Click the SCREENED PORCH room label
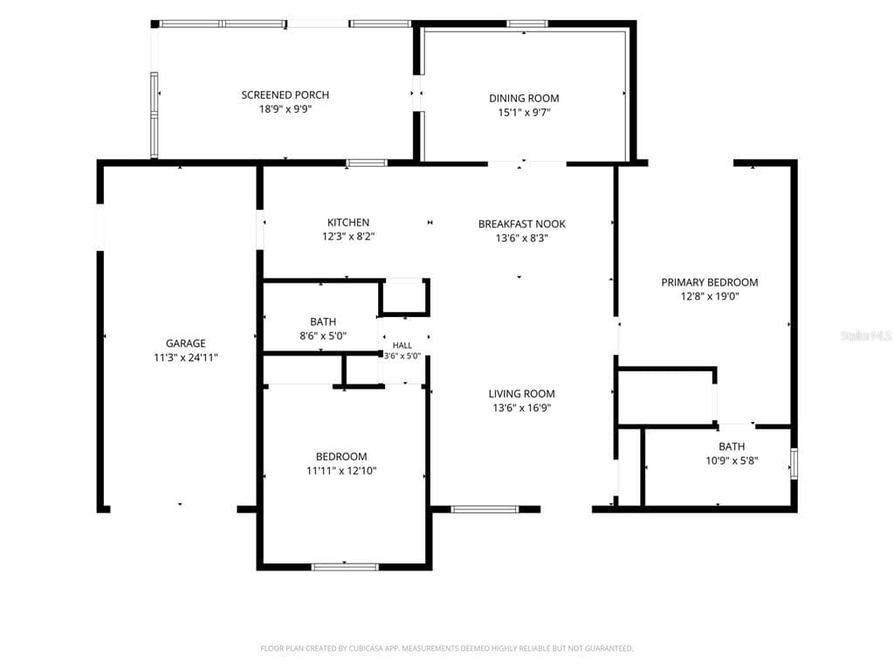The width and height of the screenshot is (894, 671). [285, 94]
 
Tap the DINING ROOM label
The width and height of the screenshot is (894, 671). [524, 98]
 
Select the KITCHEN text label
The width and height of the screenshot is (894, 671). [348, 223]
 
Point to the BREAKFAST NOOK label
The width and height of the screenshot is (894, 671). [522, 225]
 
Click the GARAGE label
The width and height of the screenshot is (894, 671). [186, 343]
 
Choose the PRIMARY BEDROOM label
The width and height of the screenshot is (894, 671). [710, 282]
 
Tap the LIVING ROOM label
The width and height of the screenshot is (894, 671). [522, 394]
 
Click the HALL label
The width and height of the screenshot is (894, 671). [402, 345]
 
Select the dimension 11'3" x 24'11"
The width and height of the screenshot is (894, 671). [186, 357]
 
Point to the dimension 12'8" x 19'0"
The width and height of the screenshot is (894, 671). [710, 297]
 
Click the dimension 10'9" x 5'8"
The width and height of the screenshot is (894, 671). [732, 461]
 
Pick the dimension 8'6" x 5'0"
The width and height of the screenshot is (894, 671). [323, 336]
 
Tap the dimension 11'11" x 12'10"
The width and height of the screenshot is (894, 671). [341, 471]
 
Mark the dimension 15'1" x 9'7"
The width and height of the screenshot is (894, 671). [524, 113]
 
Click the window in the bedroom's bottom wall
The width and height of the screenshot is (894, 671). [345, 567]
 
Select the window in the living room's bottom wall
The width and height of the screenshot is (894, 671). [485, 509]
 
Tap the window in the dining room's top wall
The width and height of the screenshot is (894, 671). [527, 24]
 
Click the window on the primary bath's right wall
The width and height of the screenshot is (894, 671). [794, 464]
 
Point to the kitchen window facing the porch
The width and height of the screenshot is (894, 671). [367, 163]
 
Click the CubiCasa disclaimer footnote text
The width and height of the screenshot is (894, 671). [447, 648]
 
